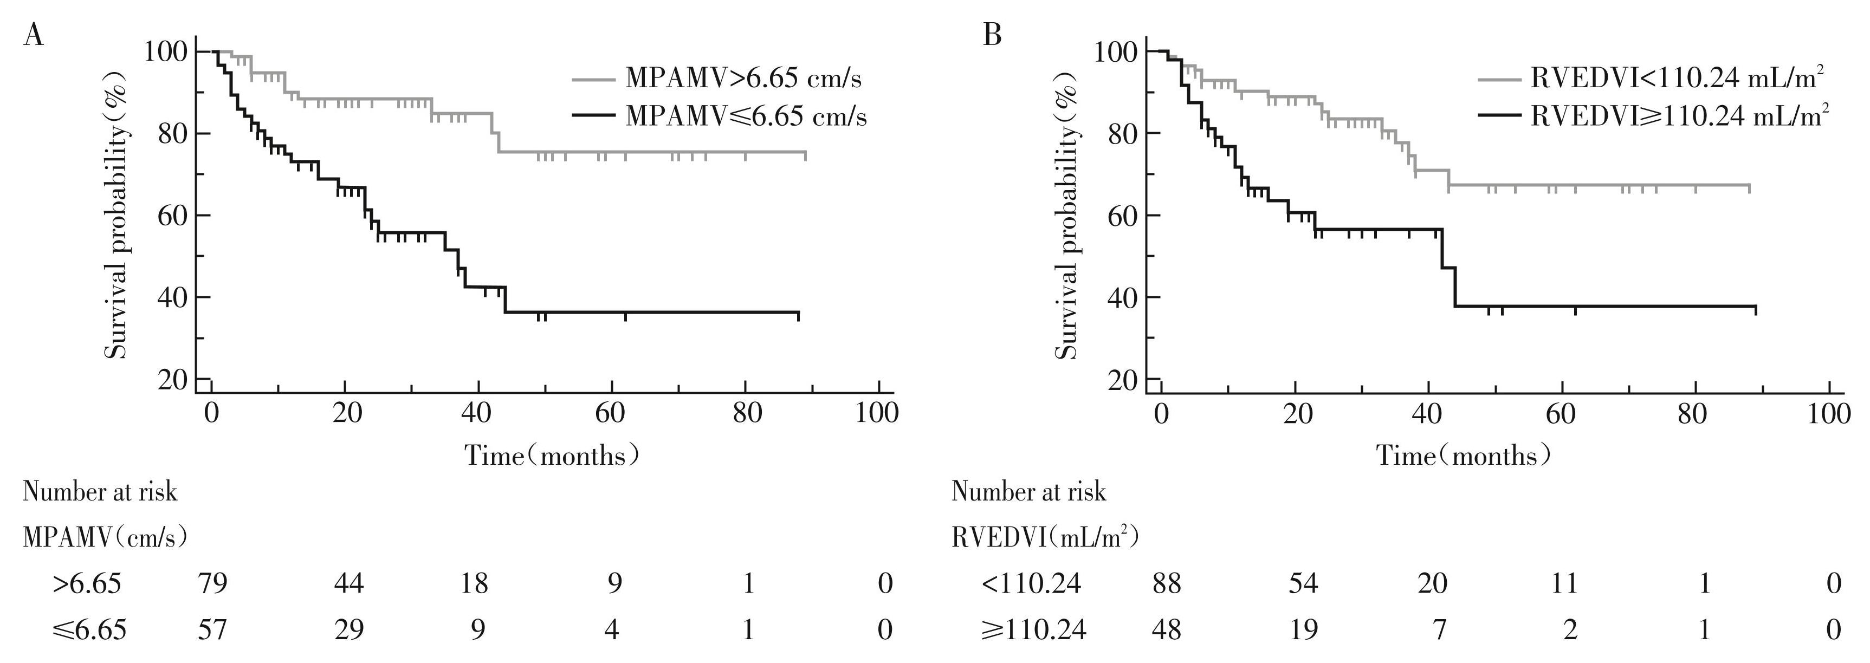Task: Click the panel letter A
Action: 34,35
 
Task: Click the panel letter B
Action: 992,35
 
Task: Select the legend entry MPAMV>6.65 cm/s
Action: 743,79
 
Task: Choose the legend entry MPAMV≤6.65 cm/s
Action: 746,116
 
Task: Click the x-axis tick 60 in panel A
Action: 610,413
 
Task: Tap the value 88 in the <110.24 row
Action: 1166,583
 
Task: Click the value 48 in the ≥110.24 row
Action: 1166,629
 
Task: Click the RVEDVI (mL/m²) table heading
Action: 1045,537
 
